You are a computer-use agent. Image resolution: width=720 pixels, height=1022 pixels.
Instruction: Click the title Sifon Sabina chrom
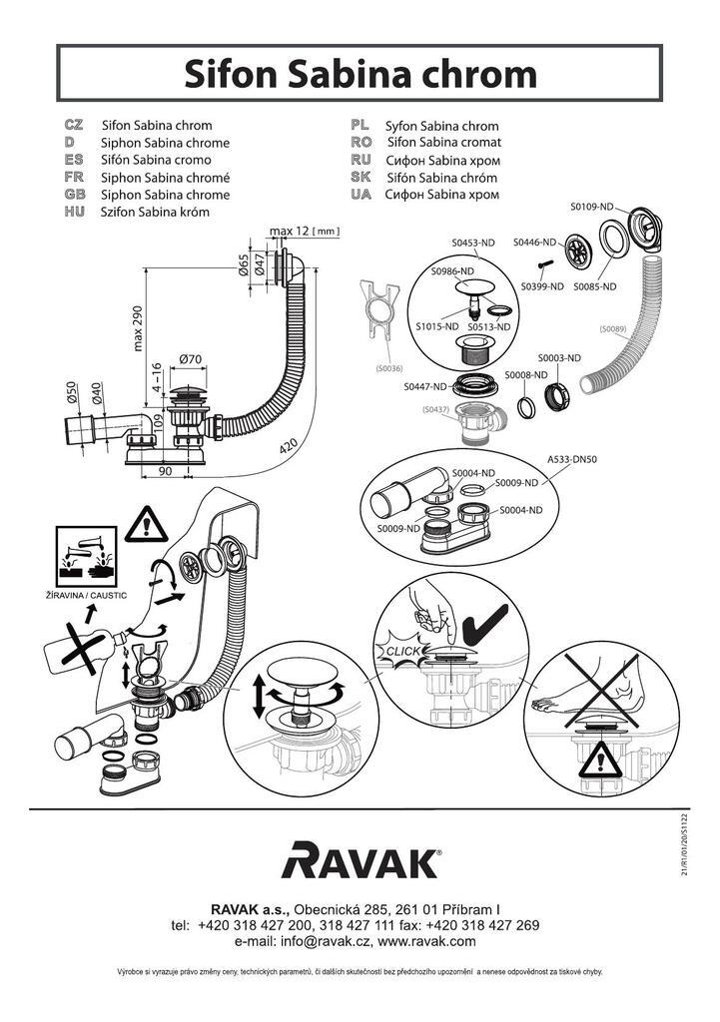tap(360, 73)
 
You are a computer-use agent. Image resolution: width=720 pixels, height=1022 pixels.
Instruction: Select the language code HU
tap(73, 213)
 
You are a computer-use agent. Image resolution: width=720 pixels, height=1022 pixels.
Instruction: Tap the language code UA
tap(360, 195)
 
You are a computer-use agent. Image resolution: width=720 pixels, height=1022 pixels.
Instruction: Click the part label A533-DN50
tap(572, 460)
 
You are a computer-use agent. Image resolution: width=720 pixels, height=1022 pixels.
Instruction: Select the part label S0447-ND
tap(424, 386)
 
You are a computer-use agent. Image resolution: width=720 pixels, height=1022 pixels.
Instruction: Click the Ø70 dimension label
tap(191, 358)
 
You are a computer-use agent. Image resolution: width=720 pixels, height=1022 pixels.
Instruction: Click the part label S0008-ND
tap(525, 374)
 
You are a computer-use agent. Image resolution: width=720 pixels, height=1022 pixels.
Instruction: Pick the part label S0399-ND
tap(542, 286)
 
